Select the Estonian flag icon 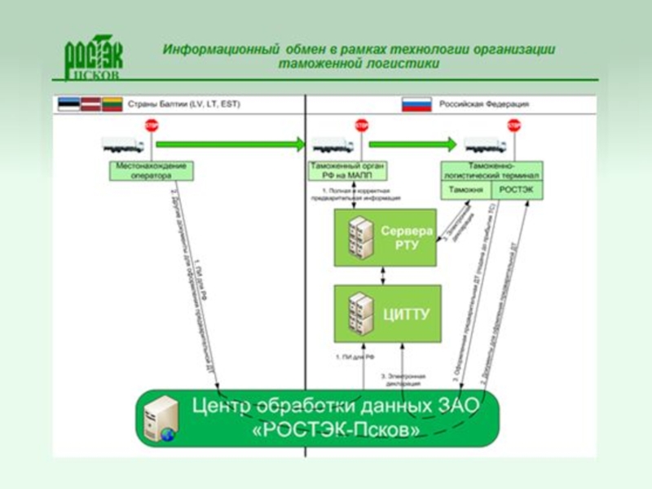[x=68, y=104]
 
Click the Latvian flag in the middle [x=90, y=104]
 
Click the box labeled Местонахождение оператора [x=152, y=170]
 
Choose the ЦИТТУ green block [x=387, y=313]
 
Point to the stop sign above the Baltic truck [x=152, y=126]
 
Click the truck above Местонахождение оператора [x=123, y=145]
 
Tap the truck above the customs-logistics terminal [x=485, y=145]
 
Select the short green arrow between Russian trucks [x=412, y=144]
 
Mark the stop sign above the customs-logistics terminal [x=513, y=126]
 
